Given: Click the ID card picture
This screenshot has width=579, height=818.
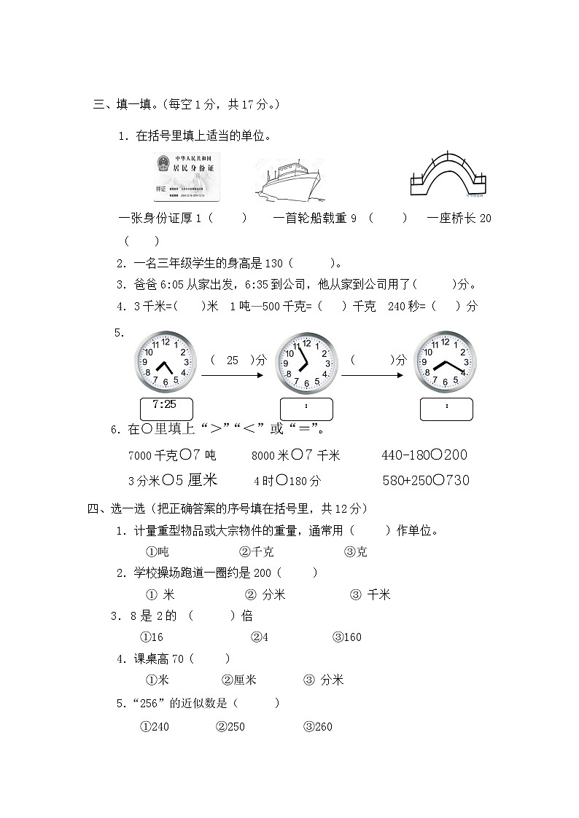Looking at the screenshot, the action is pyautogui.click(x=187, y=177).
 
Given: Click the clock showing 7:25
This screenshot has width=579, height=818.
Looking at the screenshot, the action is pyautogui.click(x=165, y=362).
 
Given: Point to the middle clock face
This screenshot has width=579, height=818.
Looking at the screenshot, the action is pyautogui.click(x=306, y=363).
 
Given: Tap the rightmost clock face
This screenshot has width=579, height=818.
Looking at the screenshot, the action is pyautogui.click(x=445, y=363).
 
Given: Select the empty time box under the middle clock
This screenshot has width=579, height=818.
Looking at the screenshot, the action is pyautogui.click(x=306, y=409).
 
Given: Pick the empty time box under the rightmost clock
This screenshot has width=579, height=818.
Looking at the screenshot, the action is pyautogui.click(x=446, y=409).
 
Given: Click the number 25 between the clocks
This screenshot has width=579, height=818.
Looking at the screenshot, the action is pyautogui.click(x=233, y=360).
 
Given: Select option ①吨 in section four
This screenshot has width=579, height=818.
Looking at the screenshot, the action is pyautogui.click(x=158, y=552).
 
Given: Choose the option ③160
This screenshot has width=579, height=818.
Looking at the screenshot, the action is pyautogui.click(x=347, y=637).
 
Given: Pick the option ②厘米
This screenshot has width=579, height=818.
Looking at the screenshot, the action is pyautogui.click(x=238, y=680).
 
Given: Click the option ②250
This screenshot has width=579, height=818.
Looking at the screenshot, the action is pyautogui.click(x=230, y=727).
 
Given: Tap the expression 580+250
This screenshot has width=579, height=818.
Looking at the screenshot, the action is pyautogui.click(x=405, y=480).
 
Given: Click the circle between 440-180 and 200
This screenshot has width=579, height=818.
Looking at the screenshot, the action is pyautogui.click(x=435, y=455).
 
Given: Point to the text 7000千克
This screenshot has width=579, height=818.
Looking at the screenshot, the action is pyautogui.click(x=152, y=456).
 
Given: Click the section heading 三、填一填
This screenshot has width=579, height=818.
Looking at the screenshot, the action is pyautogui.click(x=125, y=104).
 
